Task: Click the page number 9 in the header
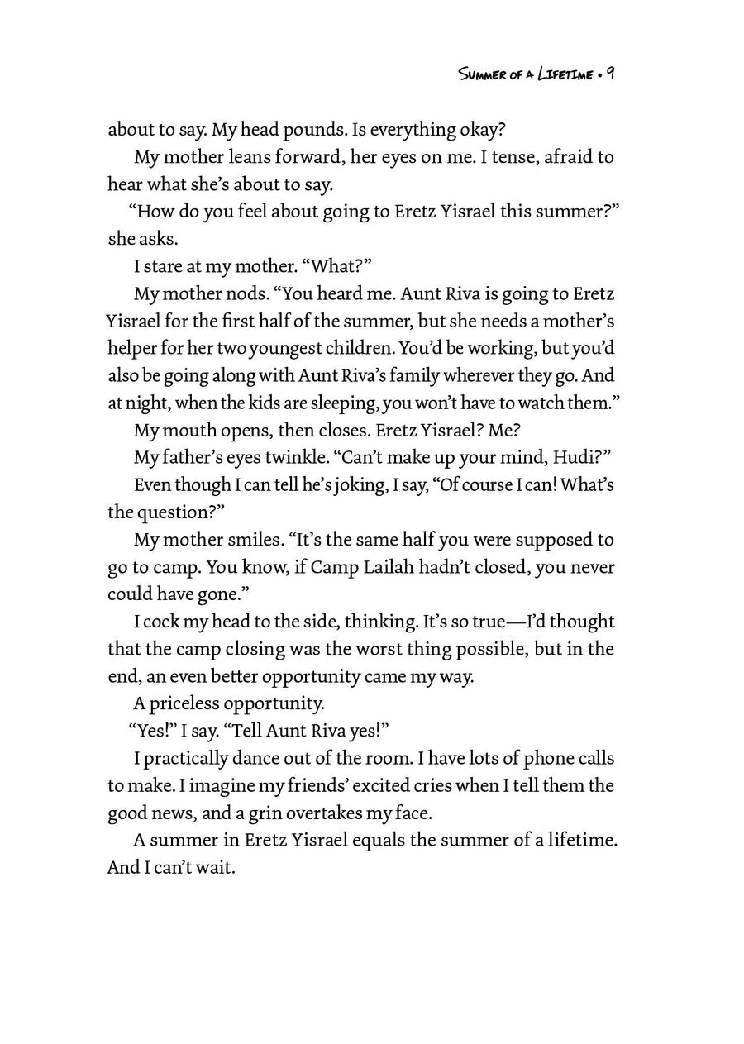tap(608, 74)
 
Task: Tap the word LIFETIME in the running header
tap(564, 74)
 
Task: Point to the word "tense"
tap(540, 157)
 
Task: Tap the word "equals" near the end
tap(381, 841)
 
